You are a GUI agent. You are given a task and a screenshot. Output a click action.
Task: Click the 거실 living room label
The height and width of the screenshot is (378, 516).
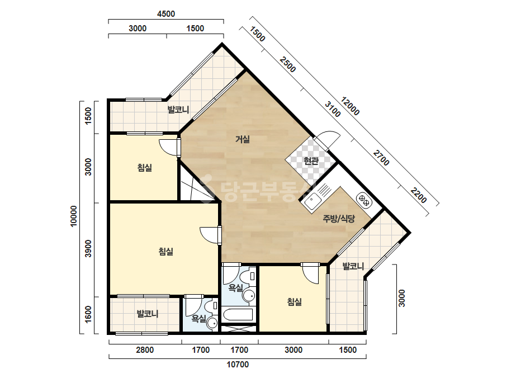pos(243,139)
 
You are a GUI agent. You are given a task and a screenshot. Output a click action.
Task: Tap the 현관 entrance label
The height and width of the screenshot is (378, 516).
pos(311,161)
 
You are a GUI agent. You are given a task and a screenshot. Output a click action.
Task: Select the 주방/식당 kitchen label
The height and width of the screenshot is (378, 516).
pos(339,219)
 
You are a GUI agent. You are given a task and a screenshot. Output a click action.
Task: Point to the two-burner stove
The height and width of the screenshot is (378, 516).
pos(364,200)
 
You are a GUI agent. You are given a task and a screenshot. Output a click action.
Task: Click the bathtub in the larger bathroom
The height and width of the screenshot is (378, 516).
pos(238,315)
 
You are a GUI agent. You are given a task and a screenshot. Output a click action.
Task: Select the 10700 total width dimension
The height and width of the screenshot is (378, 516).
pos(238,365)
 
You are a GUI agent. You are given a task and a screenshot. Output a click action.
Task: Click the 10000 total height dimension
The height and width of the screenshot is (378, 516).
pos(73,216)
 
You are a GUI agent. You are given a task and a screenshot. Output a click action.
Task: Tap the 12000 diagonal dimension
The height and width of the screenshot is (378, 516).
pos(350,106)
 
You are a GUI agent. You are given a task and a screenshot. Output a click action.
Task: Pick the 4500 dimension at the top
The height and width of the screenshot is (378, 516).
pos(166,14)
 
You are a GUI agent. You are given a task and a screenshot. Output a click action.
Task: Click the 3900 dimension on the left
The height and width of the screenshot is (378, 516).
pos(88,249)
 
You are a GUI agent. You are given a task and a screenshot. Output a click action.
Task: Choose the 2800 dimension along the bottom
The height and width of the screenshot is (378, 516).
pos(145,349)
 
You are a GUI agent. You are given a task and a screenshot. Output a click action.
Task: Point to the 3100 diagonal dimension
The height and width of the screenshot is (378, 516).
pos(333,109)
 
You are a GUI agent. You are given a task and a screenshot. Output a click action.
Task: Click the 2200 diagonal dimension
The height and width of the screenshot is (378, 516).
pos(418,196)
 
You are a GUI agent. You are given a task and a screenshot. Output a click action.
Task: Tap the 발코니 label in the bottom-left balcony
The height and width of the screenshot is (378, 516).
pos(148,314)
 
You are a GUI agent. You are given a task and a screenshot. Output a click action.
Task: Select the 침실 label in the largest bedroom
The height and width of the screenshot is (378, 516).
pos(166,252)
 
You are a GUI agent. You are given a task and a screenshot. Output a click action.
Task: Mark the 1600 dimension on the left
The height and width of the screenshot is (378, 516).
pos(88,314)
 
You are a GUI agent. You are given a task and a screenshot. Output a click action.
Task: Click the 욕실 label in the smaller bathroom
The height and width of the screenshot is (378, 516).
pos(199,318)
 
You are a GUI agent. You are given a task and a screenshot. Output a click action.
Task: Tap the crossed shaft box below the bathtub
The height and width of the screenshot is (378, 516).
pos(239,329)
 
